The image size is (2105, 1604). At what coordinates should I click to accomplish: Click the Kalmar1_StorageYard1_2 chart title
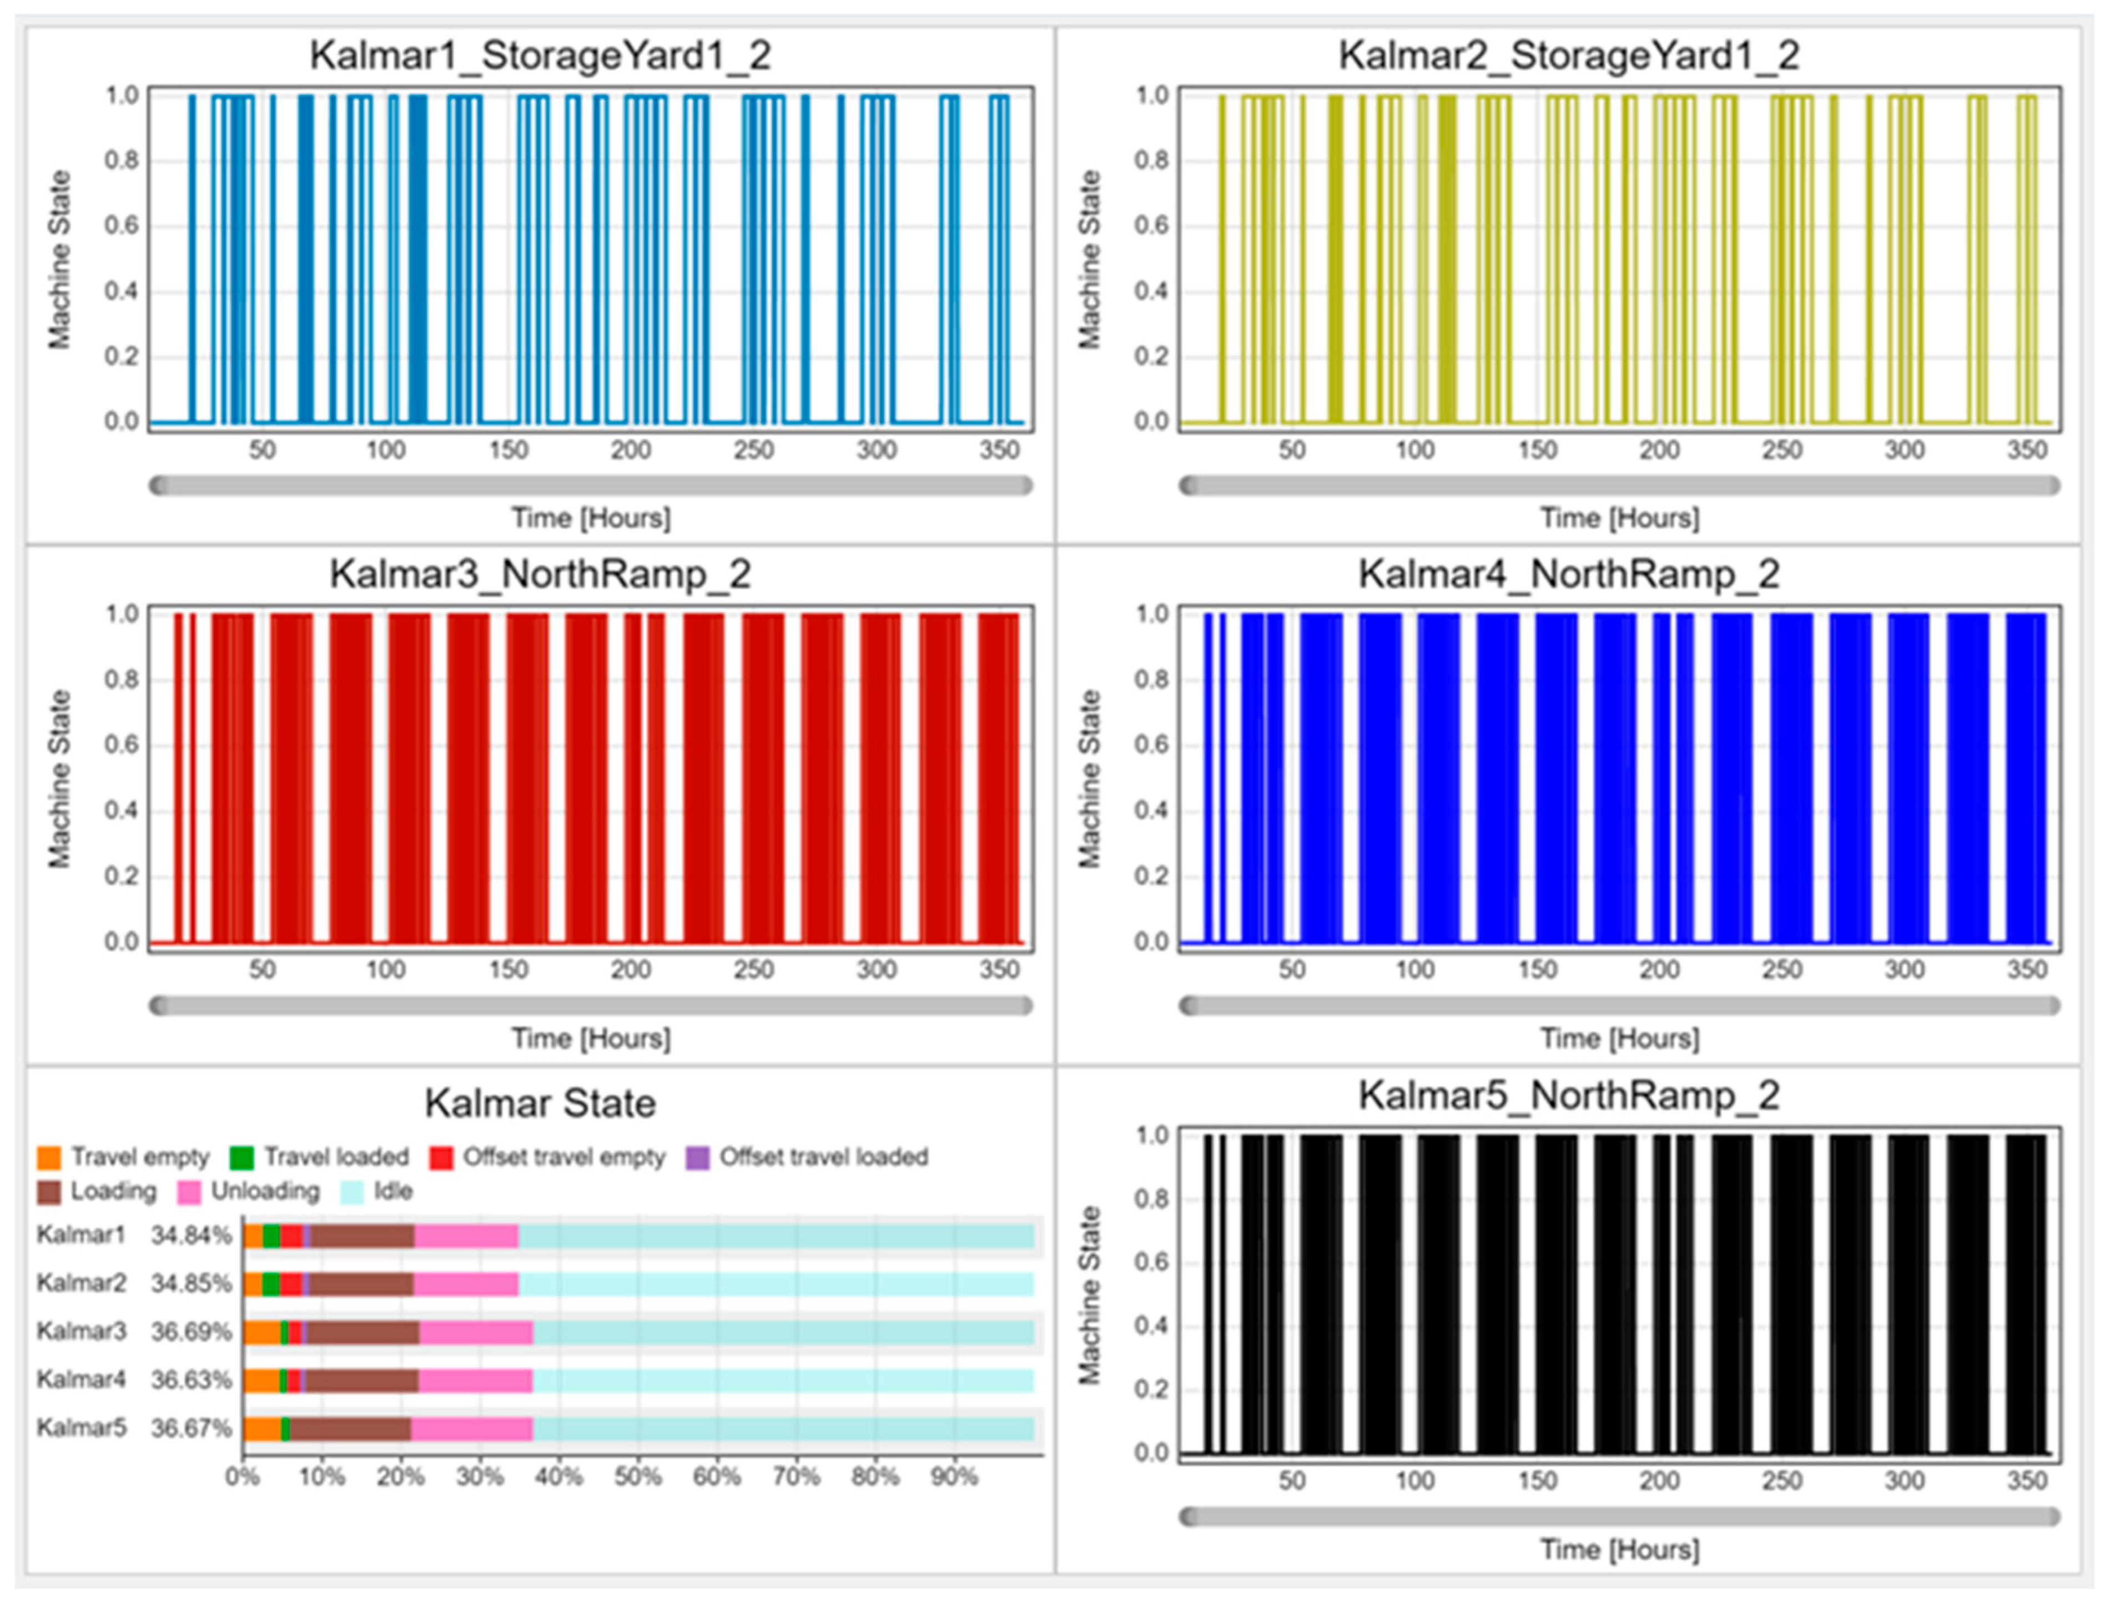pyautogui.click(x=541, y=55)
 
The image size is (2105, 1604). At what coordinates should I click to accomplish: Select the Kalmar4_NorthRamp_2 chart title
pyautogui.click(x=1569, y=575)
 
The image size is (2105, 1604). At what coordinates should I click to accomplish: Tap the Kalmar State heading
pyautogui.click(x=541, y=1104)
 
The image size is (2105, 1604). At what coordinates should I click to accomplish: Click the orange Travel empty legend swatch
pyautogui.click(x=49, y=1157)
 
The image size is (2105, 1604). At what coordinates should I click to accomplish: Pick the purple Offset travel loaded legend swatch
pyautogui.click(x=698, y=1157)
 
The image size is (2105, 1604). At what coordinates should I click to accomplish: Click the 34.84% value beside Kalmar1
pyautogui.click(x=191, y=1236)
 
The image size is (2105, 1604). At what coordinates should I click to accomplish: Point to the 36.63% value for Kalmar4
pyautogui.click(x=191, y=1380)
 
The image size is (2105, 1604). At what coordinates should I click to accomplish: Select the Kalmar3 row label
pyautogui.click(x=81, y=1331)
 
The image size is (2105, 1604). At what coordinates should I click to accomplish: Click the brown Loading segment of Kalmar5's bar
pyautogui.click(x=350, y=1428)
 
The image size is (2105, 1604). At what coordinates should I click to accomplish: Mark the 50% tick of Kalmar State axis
pyautogui.click(x=638, y=1477)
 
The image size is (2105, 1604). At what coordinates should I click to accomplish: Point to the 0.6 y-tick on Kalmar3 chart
pyautogui.click(x=122, y=745)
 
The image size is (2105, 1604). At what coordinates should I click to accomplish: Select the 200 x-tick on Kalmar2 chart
pyautogui.click(x=1660, y=450)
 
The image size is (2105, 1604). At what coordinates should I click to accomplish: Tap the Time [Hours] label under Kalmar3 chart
pyautogui.click(x=591, y=1038)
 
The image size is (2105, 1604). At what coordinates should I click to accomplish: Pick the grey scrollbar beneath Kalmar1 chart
pyautogui.click(x=591, y=486)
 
